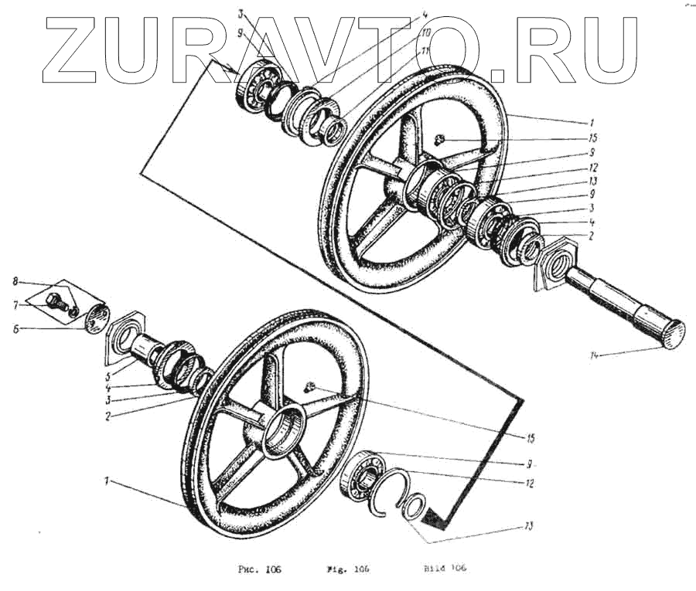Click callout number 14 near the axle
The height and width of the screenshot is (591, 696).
[x=595, y=356]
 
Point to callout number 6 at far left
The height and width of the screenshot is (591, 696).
[x=15, y=328]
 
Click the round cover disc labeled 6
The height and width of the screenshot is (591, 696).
[x=95, y=318]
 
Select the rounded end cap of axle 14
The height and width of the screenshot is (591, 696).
[x=671, y=334]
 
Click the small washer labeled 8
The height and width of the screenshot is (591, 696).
[x=74, y=312]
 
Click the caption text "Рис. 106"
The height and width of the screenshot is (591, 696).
[x=258, y=570]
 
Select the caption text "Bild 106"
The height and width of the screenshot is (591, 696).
[x=445, y=568]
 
